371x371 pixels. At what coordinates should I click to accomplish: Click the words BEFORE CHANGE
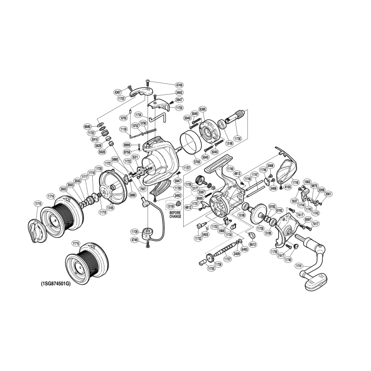click(x=175, y=215)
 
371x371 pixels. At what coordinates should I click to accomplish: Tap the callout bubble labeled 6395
click(x=203, y=109)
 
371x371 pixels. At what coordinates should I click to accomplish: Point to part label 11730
click(x=238, y=138)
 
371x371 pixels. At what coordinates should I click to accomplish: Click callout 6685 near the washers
click(x=87, y=126)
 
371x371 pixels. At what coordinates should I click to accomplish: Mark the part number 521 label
click(x=135, y=157)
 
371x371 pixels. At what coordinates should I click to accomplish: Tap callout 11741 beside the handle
click(x=299, y=266)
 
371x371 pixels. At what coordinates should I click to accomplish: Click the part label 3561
click(x=328, y=194)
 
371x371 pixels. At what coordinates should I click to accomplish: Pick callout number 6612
click(x=253, y=244)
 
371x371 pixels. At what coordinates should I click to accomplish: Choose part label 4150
click(x=288, y=187)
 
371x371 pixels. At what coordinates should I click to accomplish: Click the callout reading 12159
click(x=171, y=205)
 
